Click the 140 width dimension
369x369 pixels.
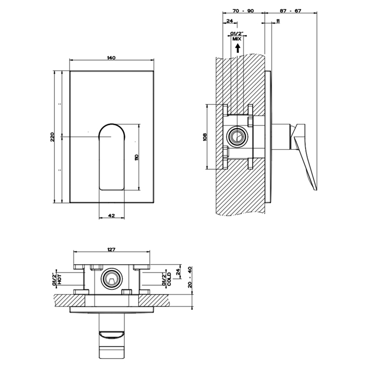[111, 57]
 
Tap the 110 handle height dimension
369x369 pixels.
[136, 157]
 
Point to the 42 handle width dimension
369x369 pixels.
[111, 215]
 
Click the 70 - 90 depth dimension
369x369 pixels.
[242, 11]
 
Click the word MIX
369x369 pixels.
[237, 39]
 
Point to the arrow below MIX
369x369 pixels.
[237, 47]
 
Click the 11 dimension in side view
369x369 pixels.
[277, 21]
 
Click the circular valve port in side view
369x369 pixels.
[237, 138]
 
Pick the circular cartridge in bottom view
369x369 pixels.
[111, 279]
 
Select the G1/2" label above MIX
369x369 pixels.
[237, 34]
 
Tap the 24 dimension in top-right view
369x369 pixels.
[229, 21]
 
